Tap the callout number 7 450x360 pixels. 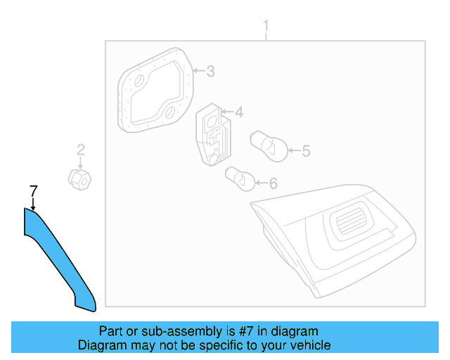pos(34,191)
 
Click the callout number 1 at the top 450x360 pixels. pos(266,26)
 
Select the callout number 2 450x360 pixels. pos(81,150)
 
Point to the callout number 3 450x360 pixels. pos(211,71)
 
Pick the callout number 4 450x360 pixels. pos(239,112)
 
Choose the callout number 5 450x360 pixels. pos(307,151)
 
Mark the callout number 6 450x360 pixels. pos(274,184)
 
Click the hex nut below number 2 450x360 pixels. pos(79,179)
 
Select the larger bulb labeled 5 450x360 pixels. pos(269,146)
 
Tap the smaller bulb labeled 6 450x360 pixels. pos(240,179)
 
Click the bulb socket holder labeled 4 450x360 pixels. pos(213,134)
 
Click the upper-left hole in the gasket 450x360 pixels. pos(140,81)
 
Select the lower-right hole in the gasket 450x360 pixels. pos(171,112)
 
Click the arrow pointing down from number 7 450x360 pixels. pos(34,204)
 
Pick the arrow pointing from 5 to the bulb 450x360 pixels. pos(295,150)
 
